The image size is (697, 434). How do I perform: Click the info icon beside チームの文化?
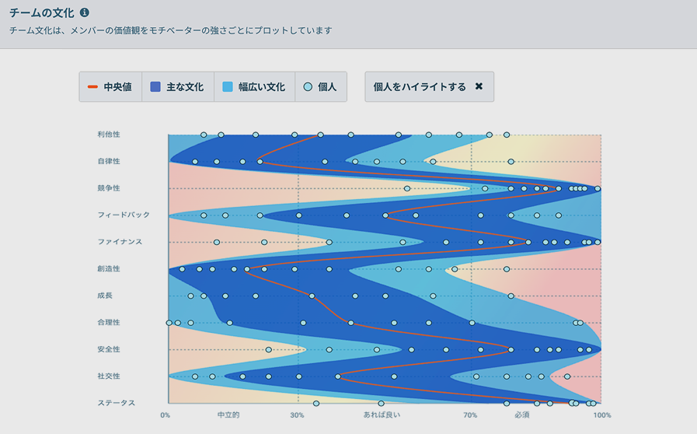tap(84, 13)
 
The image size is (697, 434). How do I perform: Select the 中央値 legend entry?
tap(110, 87)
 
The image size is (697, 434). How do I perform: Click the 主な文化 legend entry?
tap(177, 87)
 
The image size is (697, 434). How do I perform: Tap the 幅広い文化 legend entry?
tap(254, 87)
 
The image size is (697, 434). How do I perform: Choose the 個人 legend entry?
tap(320, 87)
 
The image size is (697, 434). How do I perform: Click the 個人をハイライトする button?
tap(429, 87)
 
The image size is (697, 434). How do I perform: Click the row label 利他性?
tap(109, 135)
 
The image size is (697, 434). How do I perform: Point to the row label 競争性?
tap(109, 188)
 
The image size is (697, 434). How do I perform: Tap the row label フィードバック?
tap(124, 215)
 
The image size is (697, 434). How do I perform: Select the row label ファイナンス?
tap(120, 242)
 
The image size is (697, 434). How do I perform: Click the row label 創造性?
tap(109, 269)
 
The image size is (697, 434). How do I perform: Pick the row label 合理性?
tap(109, 323)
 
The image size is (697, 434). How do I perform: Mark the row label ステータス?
tap(117, 403)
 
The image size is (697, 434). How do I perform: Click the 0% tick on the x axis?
tap(166, 415)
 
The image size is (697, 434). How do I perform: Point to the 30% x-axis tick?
tap(297, 415)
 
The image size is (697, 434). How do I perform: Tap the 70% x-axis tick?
tap(470, 415)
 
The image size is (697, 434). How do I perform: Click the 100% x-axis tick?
tap(602, 415)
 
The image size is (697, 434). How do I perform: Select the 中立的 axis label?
tap(228, 415)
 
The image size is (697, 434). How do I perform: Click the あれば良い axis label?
tap(382, 415)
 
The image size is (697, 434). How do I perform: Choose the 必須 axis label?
tap(521, 415)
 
